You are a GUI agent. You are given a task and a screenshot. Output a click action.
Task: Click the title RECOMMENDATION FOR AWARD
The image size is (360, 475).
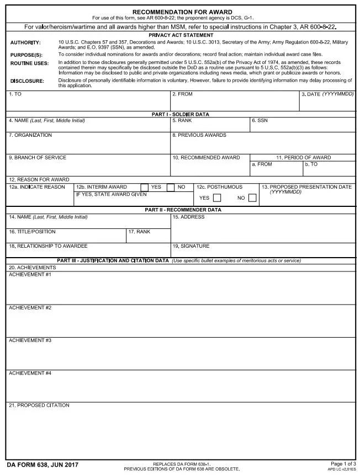pyautogui.click(x=182, y=12)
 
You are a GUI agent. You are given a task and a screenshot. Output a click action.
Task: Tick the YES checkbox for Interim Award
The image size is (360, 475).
pyautogui.click(x=145, y=187)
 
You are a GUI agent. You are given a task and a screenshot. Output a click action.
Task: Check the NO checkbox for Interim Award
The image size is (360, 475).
pyautogui.click(x=171, y=187)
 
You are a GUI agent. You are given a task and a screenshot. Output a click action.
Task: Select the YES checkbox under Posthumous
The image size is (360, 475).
pyautogui.click(x=217, y=198)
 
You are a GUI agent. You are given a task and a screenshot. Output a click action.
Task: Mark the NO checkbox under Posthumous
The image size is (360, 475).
pyautogui.click(x=252, y=198)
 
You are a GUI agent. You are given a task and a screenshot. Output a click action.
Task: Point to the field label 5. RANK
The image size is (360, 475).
pyautogui.click(x=182, y=120)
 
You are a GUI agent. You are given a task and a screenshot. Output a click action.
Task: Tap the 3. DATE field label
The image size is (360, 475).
pyautogui.click(x=327, y=94)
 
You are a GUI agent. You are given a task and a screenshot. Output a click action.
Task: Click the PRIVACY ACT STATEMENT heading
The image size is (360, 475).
pyautogui.click(x=182, y=35)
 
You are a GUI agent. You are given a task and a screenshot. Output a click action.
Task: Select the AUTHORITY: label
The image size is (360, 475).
pyautogui.click(x=25, y=42)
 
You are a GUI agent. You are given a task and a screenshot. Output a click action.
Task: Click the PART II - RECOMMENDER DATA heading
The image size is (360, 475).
pyautogui.click(x=183, y=210)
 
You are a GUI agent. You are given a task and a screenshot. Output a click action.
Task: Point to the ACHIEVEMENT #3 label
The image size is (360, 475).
pyautogui.click(x=30, y=340)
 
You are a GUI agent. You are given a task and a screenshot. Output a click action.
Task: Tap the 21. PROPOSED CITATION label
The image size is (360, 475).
pyautogui.click(x=39, y=405)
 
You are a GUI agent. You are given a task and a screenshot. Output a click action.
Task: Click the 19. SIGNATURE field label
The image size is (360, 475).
pyautogui.click(x=191, y=246)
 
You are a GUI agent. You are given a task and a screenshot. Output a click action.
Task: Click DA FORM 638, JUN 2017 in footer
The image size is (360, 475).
pyautogui.click(x=43, y=465)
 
